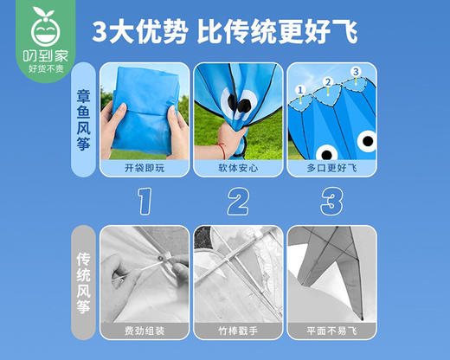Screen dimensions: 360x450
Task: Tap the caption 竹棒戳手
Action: (x=234, y=331)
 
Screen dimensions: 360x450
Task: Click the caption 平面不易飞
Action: (x=327, y=331)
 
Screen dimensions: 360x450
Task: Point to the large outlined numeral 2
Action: (x=235, y=202)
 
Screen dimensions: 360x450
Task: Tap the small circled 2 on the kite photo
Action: (x=328, y=82)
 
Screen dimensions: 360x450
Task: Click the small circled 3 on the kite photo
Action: (x=355, y=71)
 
